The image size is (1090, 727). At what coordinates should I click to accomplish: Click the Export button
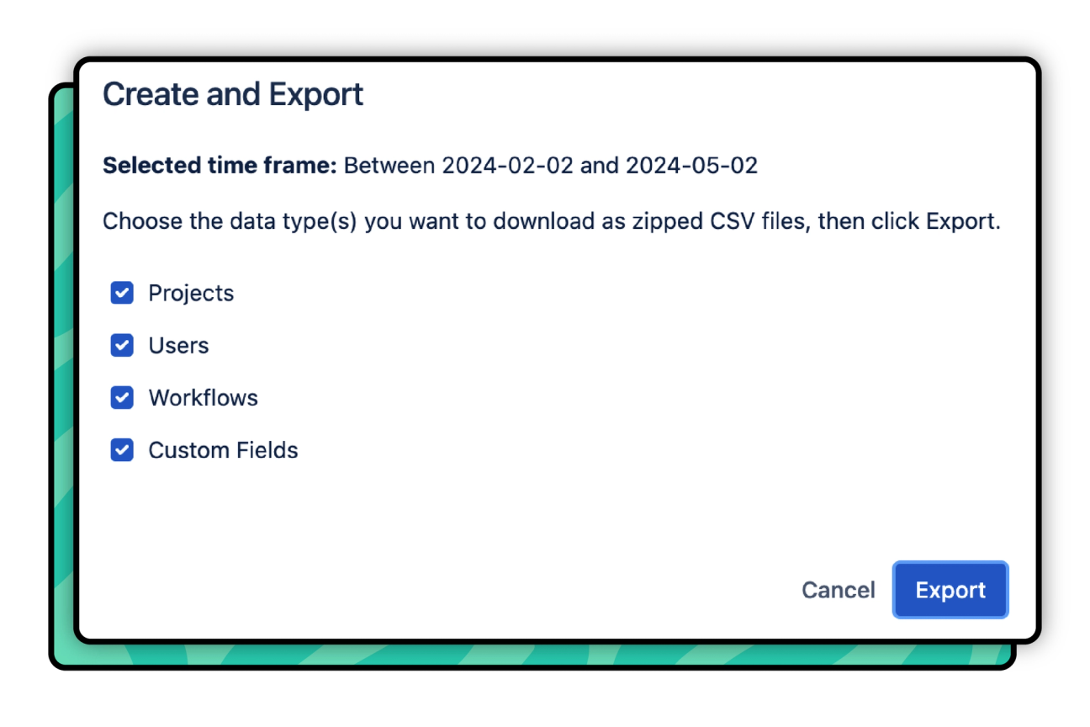click(950, 590)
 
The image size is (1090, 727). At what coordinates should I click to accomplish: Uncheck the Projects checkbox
click(122, 293)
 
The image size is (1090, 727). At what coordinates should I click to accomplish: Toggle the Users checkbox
click(122, 345)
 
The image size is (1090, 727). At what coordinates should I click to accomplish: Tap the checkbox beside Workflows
click(122, 397)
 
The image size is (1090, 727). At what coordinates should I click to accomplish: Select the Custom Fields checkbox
click(122, 450)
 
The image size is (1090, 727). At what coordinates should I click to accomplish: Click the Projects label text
click(191, 293)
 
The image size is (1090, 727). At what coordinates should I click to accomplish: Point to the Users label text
click(178, 345)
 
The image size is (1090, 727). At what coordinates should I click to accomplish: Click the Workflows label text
click(203, 397)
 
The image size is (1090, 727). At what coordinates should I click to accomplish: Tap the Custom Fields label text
click(223, 450)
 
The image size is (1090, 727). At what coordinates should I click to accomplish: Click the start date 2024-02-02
click(508, 165)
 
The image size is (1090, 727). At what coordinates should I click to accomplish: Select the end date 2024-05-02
click(691, 165)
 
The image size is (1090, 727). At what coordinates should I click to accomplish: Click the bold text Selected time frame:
click(220, 165)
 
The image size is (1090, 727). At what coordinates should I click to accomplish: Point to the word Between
click(389, 165)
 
